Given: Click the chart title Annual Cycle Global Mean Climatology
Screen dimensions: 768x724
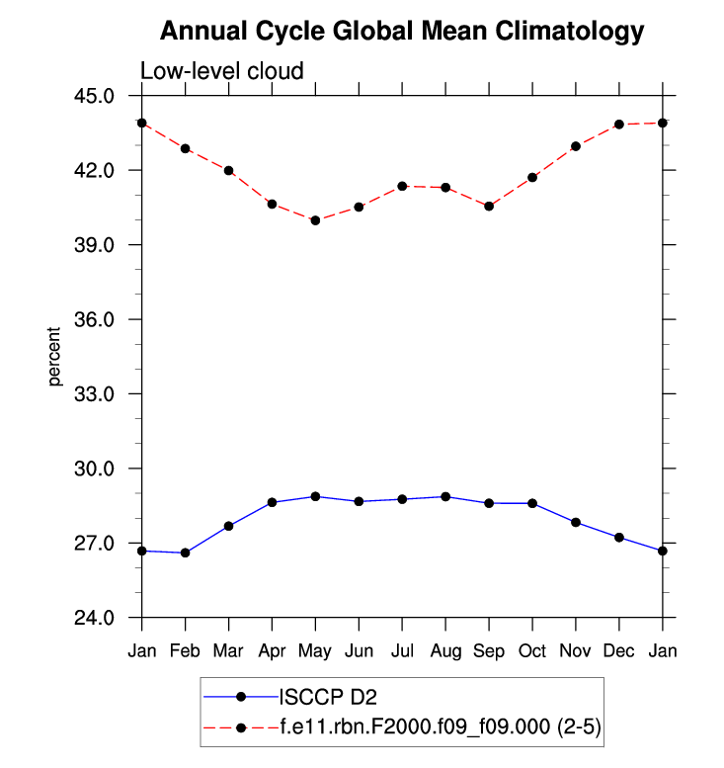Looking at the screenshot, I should point(401,32).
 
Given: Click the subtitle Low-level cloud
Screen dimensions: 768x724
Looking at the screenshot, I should point(221,71).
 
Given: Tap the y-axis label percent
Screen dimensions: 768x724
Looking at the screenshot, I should point(55,357).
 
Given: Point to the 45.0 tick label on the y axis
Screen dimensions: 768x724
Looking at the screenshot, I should point(102,96).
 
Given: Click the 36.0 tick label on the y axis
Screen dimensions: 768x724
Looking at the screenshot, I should point(102,319).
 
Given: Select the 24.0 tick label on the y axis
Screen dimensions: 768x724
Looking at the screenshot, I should point(102,618).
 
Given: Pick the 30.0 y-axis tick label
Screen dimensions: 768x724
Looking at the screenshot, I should point(102,469).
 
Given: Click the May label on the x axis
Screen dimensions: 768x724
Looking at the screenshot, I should point(315,651).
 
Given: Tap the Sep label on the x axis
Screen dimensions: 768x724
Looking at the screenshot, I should point(489,651).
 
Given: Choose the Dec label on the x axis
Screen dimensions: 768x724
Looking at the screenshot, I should point(619,651).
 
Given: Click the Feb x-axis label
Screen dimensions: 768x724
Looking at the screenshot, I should point(185,651).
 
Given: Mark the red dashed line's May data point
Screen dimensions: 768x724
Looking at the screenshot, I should point(315,220).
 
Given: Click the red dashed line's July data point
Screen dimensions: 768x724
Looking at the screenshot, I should point(402,186).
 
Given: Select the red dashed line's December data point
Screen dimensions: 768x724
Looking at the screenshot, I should point(619,125).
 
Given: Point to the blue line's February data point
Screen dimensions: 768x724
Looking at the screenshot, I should point(185,553).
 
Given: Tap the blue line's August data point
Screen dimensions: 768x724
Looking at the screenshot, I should point(445,496).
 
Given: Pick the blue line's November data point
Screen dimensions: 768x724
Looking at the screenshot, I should point(576,522).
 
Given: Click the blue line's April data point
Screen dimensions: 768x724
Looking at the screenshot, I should point(272,502).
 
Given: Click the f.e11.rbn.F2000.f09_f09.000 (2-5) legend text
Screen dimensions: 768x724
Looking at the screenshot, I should point(440,727).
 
